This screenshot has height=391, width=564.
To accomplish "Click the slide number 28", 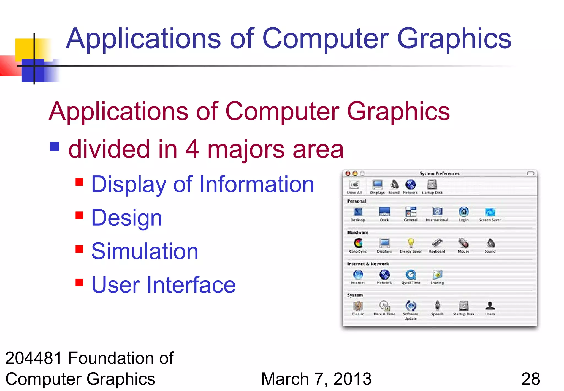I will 530,379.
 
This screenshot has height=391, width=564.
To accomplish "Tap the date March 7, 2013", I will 316,379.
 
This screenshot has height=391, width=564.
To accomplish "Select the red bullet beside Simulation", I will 79,249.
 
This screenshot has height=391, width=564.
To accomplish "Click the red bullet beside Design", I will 79,215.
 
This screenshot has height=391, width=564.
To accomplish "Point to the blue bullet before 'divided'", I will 55,147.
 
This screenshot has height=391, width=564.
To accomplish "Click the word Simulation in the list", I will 145,251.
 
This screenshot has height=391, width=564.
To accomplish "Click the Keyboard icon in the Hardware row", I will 437,243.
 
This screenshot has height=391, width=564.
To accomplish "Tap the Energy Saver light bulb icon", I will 411,243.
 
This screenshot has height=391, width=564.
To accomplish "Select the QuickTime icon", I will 411,275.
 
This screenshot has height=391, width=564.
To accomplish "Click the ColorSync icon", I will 358,243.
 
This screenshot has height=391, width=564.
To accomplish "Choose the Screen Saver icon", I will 490,212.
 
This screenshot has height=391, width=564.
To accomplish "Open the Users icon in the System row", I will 490,306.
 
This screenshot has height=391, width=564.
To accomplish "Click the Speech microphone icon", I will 437,306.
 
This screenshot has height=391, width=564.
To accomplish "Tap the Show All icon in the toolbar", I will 354,184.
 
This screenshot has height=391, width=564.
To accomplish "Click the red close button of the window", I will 348,173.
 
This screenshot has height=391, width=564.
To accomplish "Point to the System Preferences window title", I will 439,173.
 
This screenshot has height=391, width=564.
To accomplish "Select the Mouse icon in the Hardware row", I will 463,243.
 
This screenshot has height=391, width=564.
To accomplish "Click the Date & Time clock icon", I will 384,306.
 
